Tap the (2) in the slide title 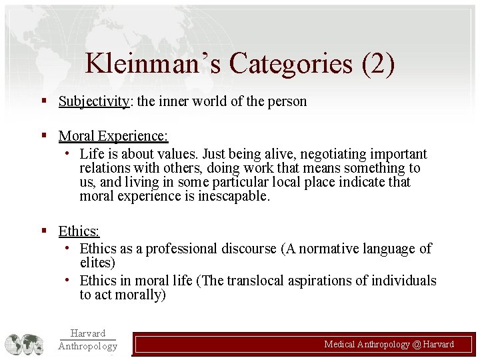click(377, 64)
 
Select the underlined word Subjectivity click(93, 101)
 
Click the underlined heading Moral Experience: click(113, 136)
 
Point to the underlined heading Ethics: click(79, 231)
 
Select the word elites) click(97, 263)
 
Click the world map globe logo click(25, 344)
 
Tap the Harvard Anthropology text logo click(87, 339)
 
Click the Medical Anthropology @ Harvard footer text click(389, 344)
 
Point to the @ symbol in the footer click(417, 344)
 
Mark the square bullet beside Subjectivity click(43, 101)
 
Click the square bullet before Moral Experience click(43, 135)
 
